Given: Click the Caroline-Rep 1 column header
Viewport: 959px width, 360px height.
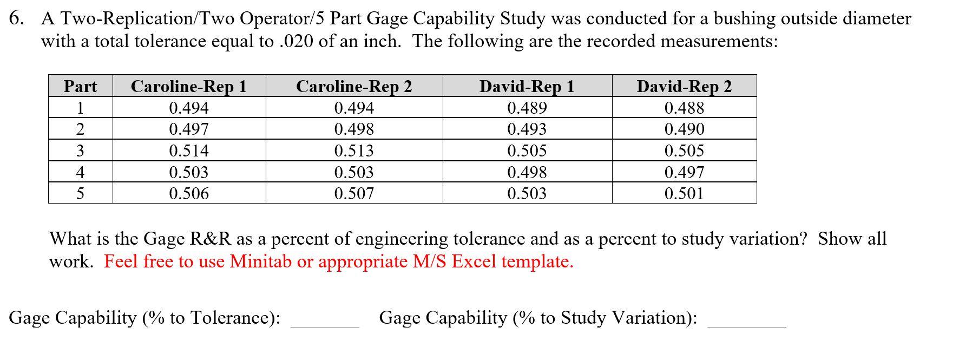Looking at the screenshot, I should [x=188, y=87].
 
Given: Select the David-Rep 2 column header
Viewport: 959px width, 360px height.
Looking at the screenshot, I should [x=684, y=87].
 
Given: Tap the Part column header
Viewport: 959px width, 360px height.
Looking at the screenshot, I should [x=80, y=87].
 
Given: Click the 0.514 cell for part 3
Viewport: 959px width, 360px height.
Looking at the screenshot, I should [x=188, y=150].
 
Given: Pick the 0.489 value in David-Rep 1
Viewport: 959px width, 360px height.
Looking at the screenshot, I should [x=527, y=108].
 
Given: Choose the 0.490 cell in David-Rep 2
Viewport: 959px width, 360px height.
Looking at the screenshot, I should [x=684, y=129].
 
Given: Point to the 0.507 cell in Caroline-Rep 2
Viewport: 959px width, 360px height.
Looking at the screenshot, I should [x=354, y=193].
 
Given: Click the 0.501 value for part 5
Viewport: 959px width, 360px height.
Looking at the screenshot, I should [x=684, y=193].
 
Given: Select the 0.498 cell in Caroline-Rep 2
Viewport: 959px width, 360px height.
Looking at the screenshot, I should [x=354, y=129].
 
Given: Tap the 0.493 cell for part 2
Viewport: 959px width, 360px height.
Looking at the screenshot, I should [x=527, y=129].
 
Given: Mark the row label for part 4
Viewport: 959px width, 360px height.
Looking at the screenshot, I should [x=80, y=172].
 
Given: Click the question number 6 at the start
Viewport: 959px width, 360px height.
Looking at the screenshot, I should [x=16, y=19].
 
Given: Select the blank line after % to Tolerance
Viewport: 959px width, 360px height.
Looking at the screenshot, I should [x=325, y=323].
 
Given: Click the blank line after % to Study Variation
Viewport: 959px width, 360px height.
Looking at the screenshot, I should [x=746, y=323].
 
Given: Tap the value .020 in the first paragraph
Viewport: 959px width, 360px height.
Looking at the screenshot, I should [x=297, y=42].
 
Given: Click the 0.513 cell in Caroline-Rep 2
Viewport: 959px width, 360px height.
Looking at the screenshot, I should [x=354, y=150].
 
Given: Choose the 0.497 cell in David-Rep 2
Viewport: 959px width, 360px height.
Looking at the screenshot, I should [x=684, y=172].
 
